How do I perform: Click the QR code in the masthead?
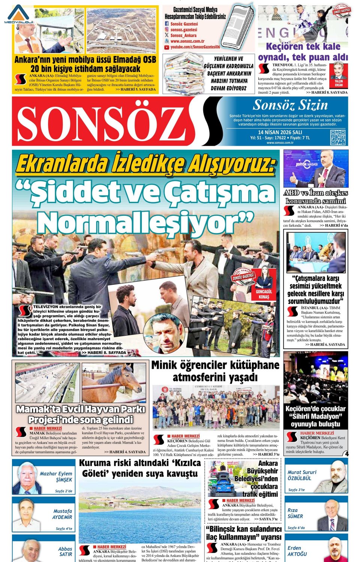[337, 137]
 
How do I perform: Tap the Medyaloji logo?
[19, 15]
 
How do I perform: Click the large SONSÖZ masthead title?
[99, 121]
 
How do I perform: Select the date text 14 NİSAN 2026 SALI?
[280, 132]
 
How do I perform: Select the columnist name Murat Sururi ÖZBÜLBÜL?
[302, 475]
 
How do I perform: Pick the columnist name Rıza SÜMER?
[295, 513]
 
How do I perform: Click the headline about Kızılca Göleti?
[139, 468]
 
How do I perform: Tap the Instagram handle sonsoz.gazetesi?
[183, 30]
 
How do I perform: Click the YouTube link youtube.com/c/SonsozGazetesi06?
[195, 47]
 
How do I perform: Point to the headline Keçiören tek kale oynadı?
[303, 52]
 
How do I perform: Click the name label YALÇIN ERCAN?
[339, 83]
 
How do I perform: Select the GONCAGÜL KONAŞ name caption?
[264, 294]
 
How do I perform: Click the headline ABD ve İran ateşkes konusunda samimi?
[316, 197]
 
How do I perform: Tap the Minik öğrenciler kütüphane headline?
[215, 371]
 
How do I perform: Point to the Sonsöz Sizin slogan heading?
[290, 105]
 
